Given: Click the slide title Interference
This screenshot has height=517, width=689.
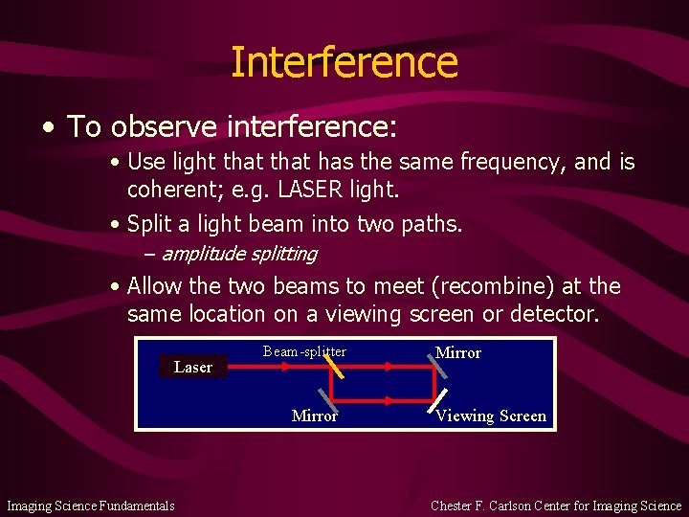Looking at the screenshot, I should pos(344,62).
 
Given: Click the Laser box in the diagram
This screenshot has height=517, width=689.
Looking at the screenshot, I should pos(192,367).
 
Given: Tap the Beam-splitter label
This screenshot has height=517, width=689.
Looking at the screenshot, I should pos(304,351).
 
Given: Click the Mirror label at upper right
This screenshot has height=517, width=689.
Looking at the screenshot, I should pos(457,352).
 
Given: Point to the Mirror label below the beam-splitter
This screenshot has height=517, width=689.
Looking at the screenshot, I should pos(314,416).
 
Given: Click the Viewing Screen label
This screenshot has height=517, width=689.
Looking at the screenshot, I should pos(491,416).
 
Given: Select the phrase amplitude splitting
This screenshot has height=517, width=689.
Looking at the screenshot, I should pos(238,254).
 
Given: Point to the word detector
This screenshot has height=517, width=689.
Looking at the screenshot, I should pos(557,313).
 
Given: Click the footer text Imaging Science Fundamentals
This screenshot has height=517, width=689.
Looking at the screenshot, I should pos(91,506).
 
